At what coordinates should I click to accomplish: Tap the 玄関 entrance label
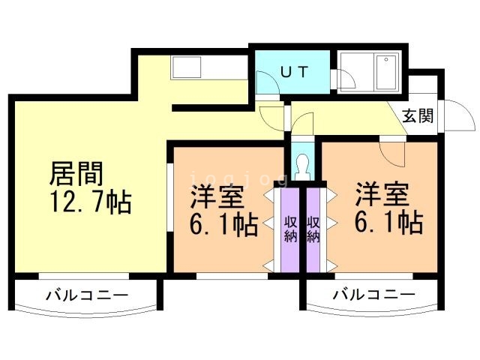coord(417,116)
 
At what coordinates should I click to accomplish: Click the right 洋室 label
coord(381,194)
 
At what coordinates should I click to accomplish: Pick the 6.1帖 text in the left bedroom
coord(223,223)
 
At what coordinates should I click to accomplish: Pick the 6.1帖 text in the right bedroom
coord(388,222)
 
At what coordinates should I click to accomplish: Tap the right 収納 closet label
coord(313,229)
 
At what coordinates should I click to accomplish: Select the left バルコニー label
coord(88,295)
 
